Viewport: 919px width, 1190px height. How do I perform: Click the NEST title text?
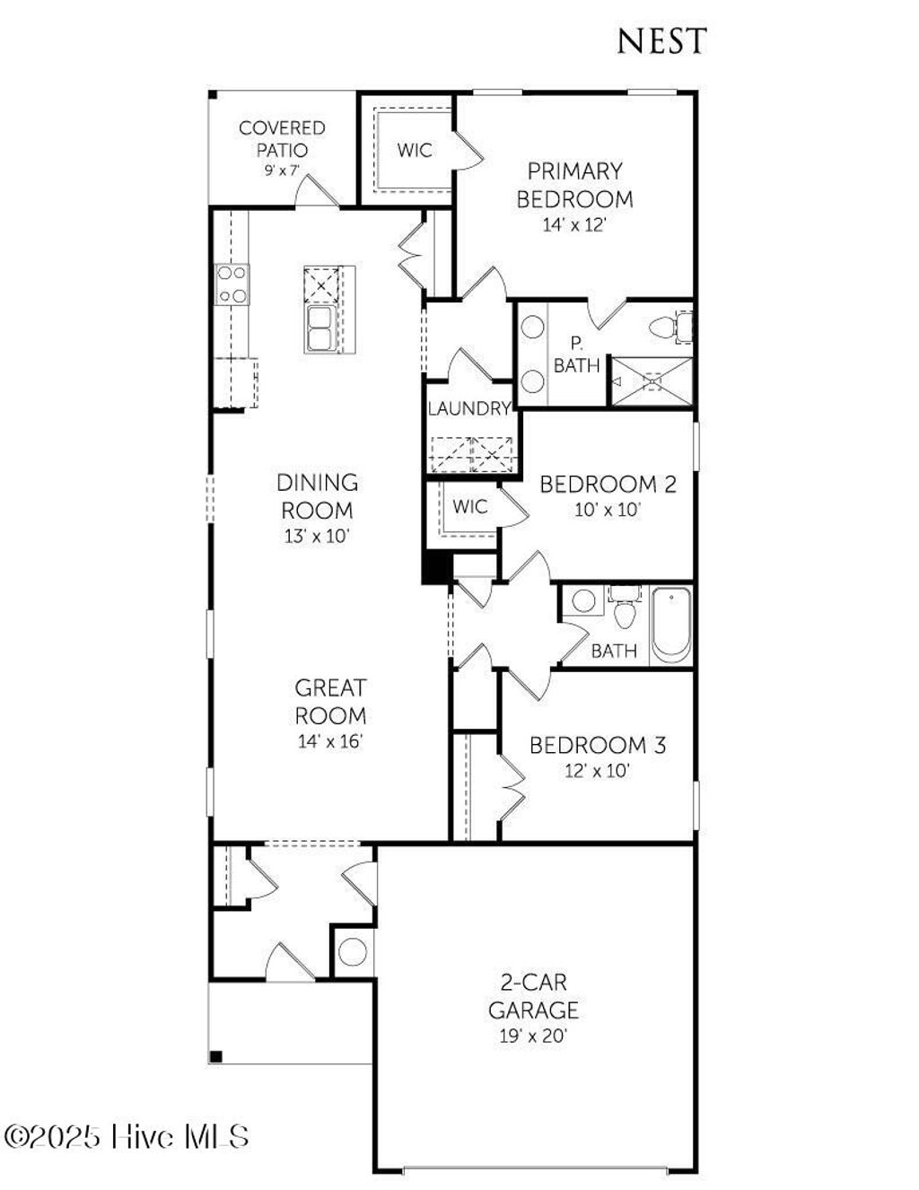[x=661, y=40]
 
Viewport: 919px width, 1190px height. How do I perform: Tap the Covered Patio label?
[x=282, y=139]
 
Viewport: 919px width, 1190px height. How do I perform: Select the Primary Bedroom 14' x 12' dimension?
[x=574, y=225]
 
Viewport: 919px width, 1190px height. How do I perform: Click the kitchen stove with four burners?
[x=232, y=284]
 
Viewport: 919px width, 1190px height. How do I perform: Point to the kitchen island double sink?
[x=319, y=329]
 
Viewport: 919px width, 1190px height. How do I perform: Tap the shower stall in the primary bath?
[x=652, y=381]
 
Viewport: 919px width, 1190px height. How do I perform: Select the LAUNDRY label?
[x=469, y=409]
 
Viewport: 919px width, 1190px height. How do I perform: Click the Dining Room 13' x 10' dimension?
[x=317, y=537]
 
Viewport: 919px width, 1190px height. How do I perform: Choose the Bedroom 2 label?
[x=608, y=485]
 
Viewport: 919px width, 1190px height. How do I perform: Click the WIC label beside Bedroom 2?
[x=469, y=507]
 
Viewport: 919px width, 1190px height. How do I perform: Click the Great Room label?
[x=330, y=702]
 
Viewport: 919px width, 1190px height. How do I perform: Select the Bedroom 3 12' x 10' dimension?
[x=598, y=770]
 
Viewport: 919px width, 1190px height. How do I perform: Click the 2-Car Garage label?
[x=533, y=996]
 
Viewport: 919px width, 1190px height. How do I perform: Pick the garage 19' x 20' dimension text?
[x=533, y=1037]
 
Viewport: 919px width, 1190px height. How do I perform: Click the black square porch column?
[x=215, y=1056]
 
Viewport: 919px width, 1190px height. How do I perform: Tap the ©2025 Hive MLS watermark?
[x=126, y=1137]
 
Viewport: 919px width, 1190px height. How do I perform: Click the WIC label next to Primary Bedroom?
[x=414, y=150]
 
